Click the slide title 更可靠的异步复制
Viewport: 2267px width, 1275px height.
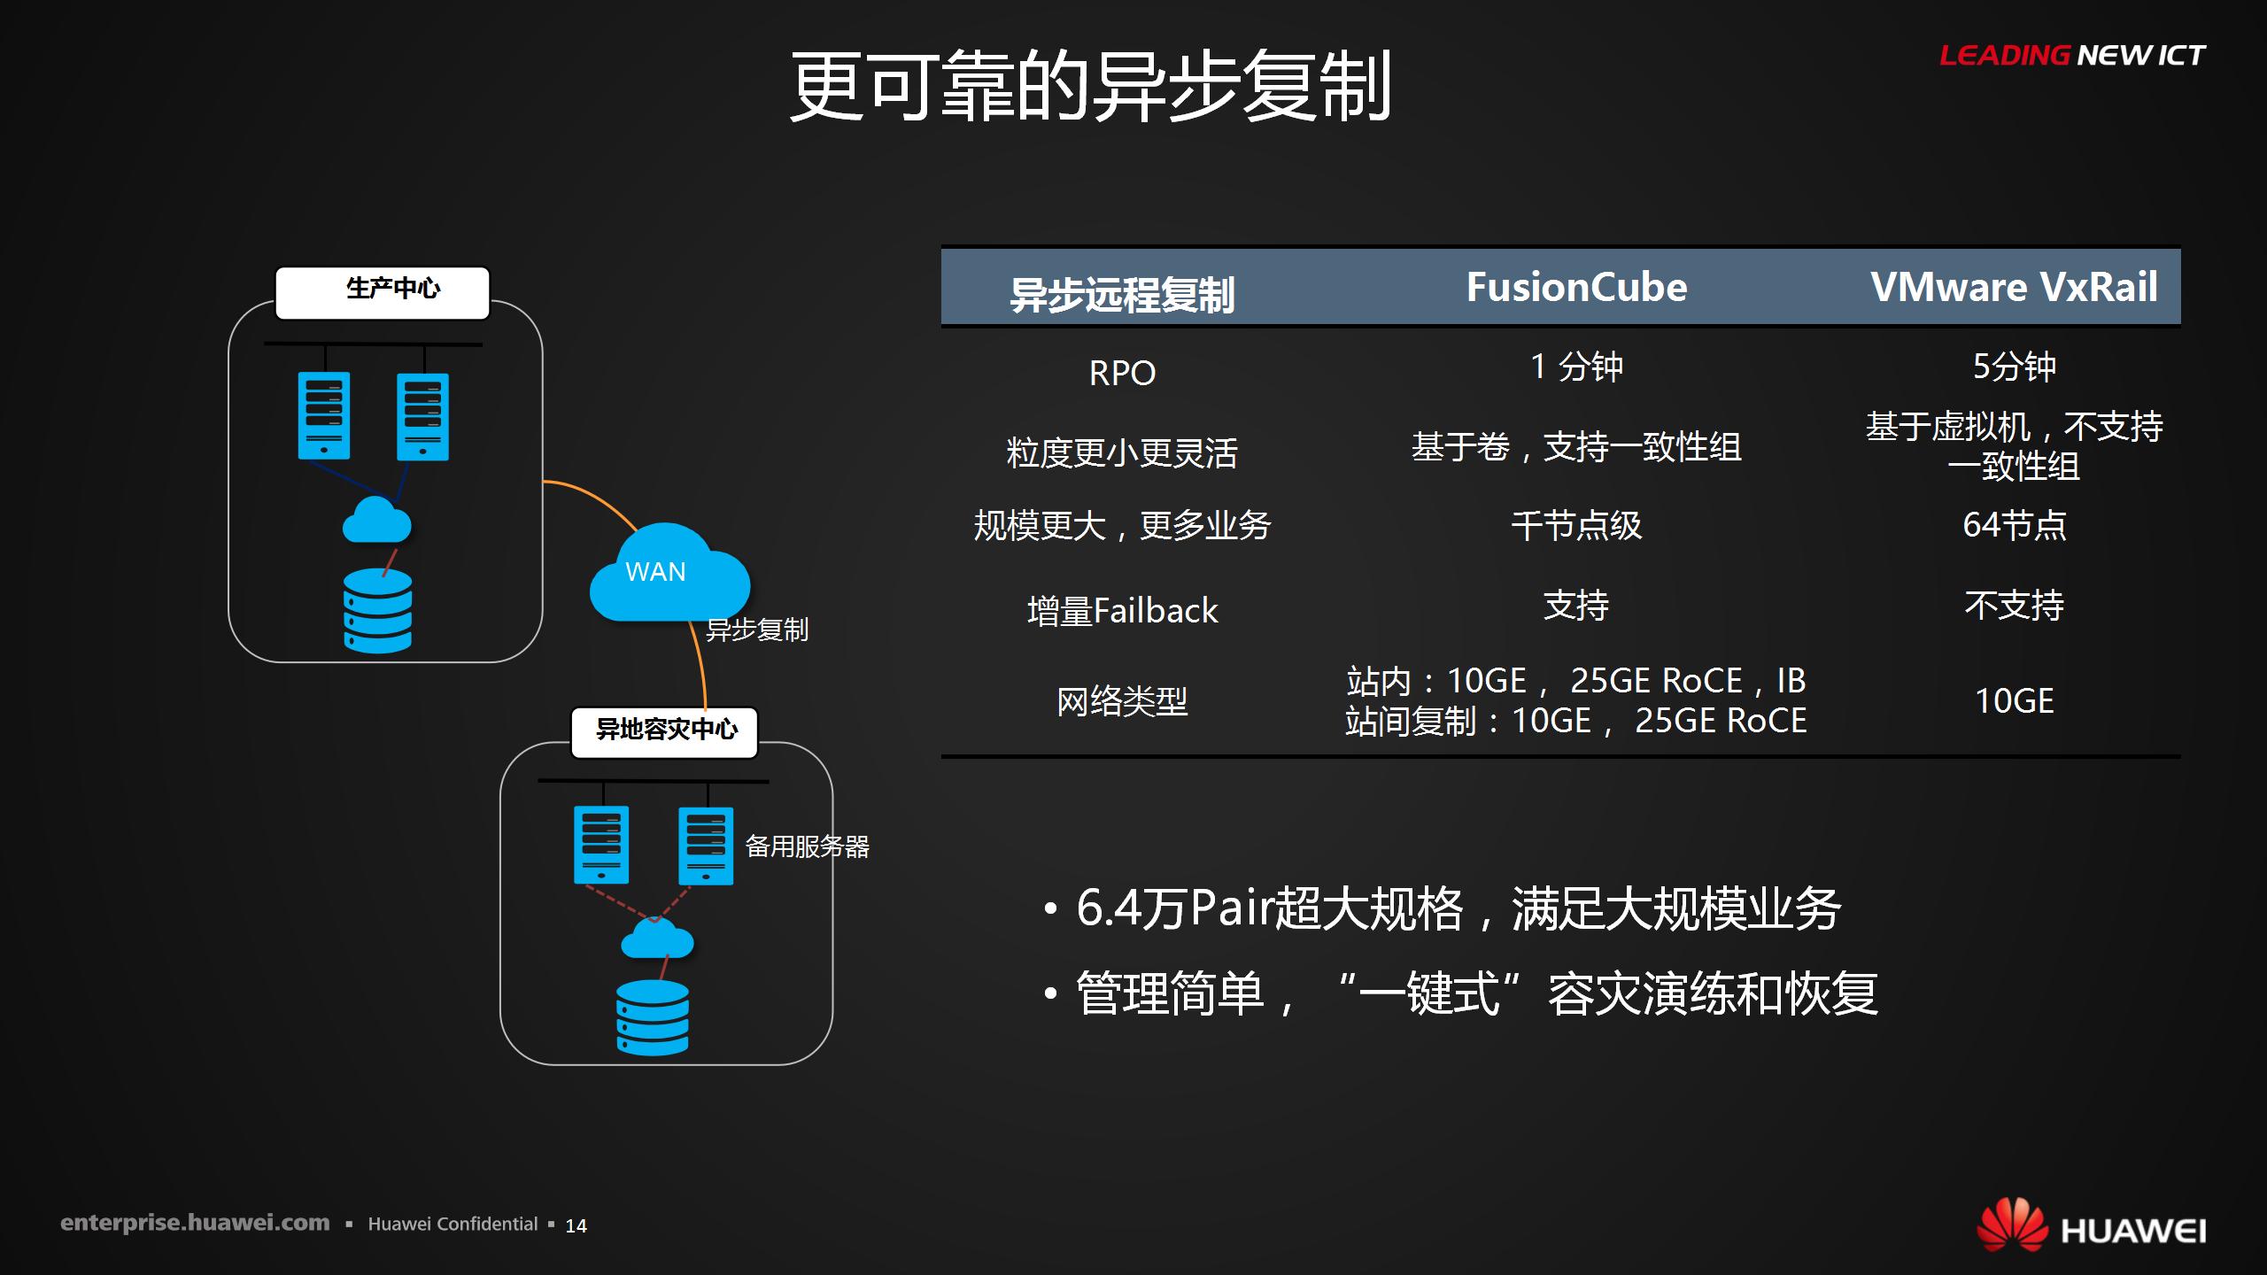point(1090,86)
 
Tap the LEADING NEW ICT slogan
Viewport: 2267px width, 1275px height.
point(2072,56)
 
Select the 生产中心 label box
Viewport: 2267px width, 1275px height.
point(383,292)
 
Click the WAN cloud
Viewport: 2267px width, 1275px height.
point(669,572)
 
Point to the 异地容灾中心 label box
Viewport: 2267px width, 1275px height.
point(664,732)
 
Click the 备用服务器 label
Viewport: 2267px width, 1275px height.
point(807,846)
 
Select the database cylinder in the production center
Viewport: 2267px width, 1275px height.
point(378,611)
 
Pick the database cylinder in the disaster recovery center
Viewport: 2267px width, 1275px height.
point(653,1017)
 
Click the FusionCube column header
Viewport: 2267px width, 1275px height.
point(1576,287)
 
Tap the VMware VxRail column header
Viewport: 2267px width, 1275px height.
point(2014,287)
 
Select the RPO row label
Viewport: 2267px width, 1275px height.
point(1122,373)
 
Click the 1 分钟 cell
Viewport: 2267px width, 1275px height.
point(1576,367)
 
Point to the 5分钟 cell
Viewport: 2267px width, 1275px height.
point(2014,367)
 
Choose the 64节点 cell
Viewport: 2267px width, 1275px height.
point(2014,525)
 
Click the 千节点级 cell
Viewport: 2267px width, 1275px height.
point(1576,526)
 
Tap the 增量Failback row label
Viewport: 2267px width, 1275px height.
point(1122,611)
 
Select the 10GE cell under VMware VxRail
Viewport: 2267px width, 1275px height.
point(2014,701)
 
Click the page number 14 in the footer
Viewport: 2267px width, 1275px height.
point(576,1225)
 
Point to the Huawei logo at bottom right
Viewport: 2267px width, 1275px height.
point(2092,1225)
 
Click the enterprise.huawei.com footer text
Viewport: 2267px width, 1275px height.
point(195,1224)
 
